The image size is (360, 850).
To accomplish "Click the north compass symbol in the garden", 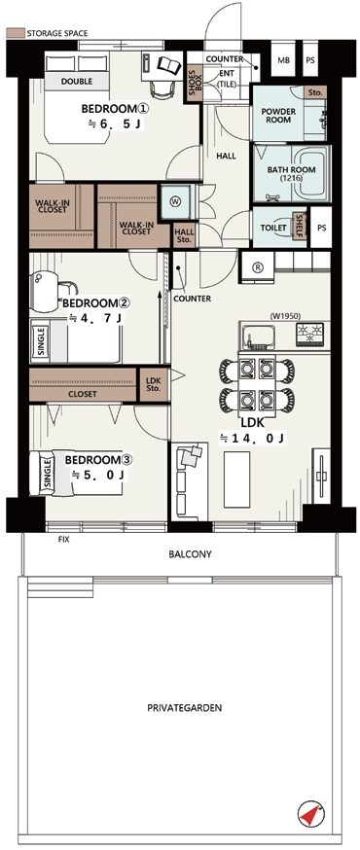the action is point(310,814).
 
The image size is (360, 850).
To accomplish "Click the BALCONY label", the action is point(190,554).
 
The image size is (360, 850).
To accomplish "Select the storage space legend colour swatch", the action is point(16,33).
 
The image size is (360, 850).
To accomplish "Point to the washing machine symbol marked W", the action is point(176,201).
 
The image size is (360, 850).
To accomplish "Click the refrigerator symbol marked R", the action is point(257,267).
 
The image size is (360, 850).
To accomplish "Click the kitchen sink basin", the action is point(260,337).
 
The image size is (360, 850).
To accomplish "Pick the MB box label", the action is point(283,60).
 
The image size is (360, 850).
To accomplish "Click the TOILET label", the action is point(273,229).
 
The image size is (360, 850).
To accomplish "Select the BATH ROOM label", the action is point(291,173).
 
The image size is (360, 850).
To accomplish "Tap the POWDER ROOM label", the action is point(278,116).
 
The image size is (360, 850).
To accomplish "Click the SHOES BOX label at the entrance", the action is point(195,83).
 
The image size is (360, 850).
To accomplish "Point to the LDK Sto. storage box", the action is point(154,384).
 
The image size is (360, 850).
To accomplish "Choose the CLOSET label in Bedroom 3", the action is point(83,394).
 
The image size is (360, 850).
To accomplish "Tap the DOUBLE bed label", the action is point(77,82).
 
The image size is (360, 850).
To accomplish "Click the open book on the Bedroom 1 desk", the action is point(169,65).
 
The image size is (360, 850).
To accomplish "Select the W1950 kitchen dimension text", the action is point(285,316).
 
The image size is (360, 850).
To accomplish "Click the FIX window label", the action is point(64,540).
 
